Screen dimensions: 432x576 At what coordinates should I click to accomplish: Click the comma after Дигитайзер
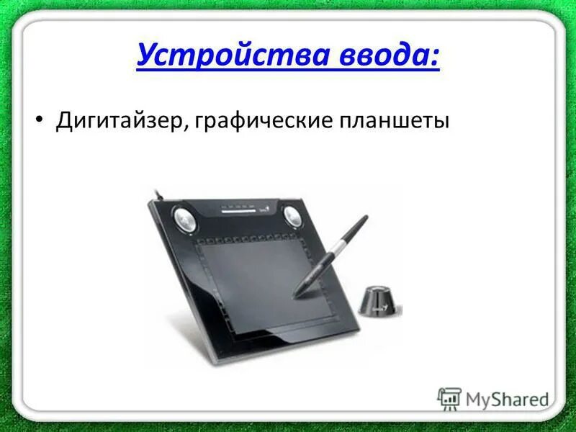click(190, 127)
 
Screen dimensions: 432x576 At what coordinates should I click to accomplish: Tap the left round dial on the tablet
click(183, 217)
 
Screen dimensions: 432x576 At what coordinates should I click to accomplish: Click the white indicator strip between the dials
click(239, 212)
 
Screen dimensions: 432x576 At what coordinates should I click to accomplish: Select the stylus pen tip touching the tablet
click(296, 294)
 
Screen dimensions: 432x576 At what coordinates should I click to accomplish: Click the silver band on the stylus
click(332, 251)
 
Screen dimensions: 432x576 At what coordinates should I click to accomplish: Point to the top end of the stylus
click(364, 217)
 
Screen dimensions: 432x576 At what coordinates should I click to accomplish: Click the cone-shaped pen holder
click(377, 299)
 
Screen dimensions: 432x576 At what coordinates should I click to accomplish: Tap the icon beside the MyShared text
click(449, 397)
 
